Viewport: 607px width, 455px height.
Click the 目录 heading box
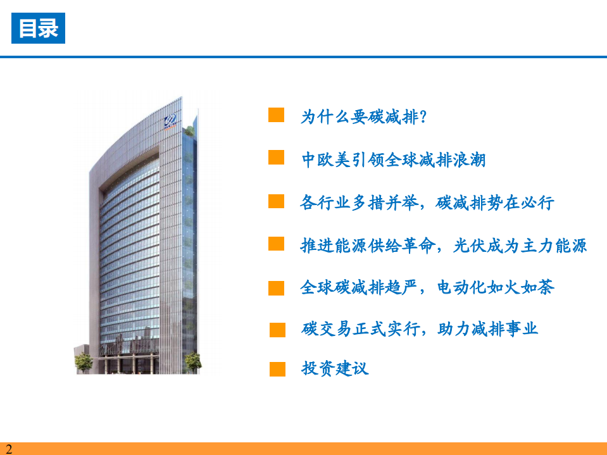[39, 28]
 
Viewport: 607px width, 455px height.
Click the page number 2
[8, 449]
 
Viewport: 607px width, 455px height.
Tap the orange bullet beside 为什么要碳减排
[276, 115]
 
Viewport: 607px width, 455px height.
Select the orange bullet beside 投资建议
[277, 369]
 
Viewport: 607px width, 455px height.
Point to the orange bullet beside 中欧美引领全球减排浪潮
[276, 157]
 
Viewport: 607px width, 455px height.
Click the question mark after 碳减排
[423, 116]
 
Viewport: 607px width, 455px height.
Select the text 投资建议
[335, 368]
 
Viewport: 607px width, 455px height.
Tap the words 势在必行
[520, 203]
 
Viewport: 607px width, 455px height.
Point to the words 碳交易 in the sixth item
[327, 329]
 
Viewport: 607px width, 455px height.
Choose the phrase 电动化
[461, 287]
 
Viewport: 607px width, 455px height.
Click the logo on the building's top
[170, 121]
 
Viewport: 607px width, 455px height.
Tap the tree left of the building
[83, 363]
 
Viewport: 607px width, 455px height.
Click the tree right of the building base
[192, 362]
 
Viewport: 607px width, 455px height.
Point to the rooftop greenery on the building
[189, 131]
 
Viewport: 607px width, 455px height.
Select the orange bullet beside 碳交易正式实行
[277, 330]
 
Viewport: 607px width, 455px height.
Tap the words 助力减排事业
[487, 329]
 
